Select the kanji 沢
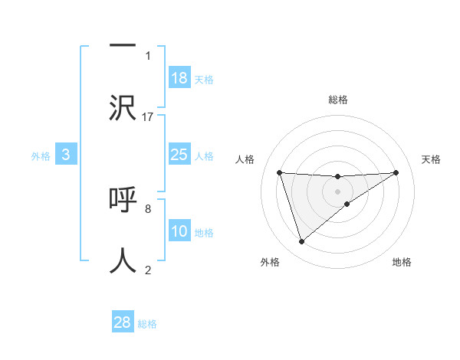click(123, 107)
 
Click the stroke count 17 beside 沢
click(148, 116)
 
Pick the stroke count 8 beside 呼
click(148, 208)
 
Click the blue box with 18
click(179, 78)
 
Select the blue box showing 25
click(179, 155)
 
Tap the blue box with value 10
click(179, 231)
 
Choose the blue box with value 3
click(66, 155)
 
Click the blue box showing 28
click(123, 322)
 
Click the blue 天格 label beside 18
click(204, 80)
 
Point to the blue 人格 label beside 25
click(204, 156)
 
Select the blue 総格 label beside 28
click(147, 324)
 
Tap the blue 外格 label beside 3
click(41, 156)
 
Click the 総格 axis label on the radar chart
click(338, 100)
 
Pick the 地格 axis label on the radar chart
click(402, 262)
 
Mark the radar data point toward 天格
click(396, 172)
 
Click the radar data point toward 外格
click(301, 242)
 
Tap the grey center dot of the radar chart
click(338, 191)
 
